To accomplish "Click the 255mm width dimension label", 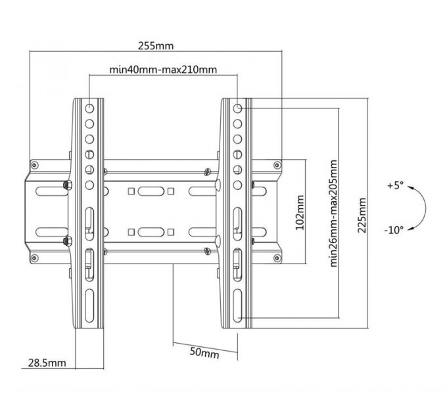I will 156,47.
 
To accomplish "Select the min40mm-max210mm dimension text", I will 163,69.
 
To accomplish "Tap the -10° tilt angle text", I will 394,229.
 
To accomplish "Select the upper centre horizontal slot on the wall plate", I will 151,191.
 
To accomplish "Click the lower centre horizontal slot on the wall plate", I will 151,231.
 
